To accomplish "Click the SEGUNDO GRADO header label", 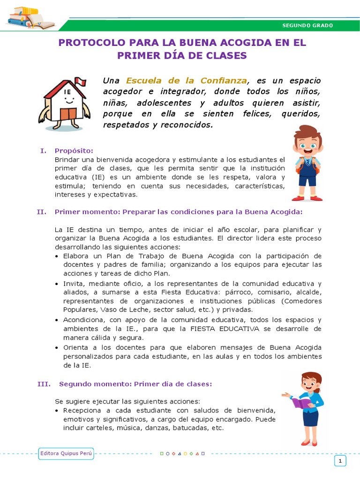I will (x=307, y=25).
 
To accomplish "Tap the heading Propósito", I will (x=74, y=150).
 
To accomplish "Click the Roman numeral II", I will (x=41, y=211).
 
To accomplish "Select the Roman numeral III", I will (x=44, y=384).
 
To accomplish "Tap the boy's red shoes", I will (x=307, y=198).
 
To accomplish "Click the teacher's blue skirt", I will (x=310, y=417).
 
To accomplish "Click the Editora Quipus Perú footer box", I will (x=66, y=454).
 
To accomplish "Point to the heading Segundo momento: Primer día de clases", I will (x=135, y=384).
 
